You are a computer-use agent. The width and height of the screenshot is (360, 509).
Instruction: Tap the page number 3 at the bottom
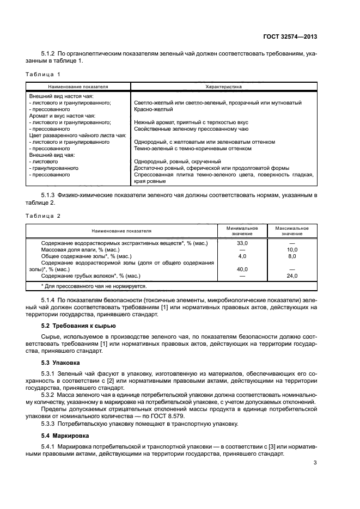click(315, 463)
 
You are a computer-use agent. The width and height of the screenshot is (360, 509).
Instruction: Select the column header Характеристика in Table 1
click(223, 86)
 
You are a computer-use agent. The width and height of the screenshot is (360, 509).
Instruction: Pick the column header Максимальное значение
click(292, 231)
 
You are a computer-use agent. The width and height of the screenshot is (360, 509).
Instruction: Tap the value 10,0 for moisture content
click(292, 249)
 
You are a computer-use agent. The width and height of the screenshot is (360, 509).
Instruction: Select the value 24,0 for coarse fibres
click(292, 276)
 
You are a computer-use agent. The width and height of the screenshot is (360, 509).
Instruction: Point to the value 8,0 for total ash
click(292, 256)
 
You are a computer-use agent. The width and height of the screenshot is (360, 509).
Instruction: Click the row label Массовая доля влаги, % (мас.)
click(80, 249)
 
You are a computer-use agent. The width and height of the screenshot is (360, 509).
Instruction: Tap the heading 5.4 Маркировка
click(64, 437)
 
